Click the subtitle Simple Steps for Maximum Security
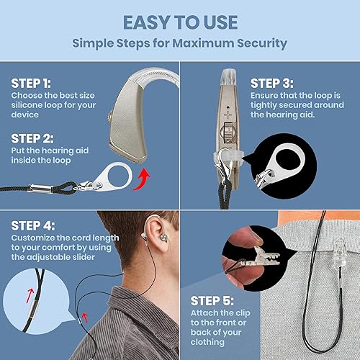[179, 43]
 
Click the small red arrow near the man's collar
[86, 315]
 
